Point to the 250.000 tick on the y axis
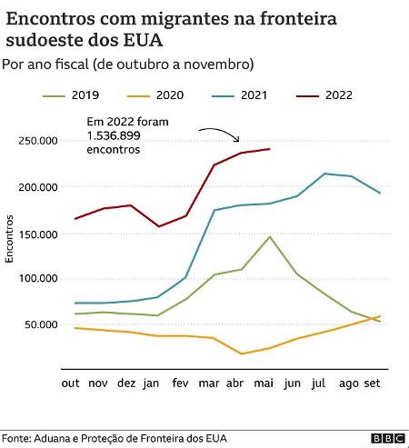pyautogui.click(x=37, y=141)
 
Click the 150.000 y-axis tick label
pyautogui.click(x=37, y=234)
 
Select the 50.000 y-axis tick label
pyautogui.click(x=40, y=324)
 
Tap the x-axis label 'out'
pyautogui.click(x=71, y=383)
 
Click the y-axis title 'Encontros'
pyautogui.click(x=10, y=239)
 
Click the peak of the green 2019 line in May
pyautogui.click(x=270, y=236)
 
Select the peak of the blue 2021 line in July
pyautogui.click(x=324, y=174)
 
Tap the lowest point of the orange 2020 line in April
pyautogui.click(x=242, y=353)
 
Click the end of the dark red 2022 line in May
pyautogui.click(x=270, y=149)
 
